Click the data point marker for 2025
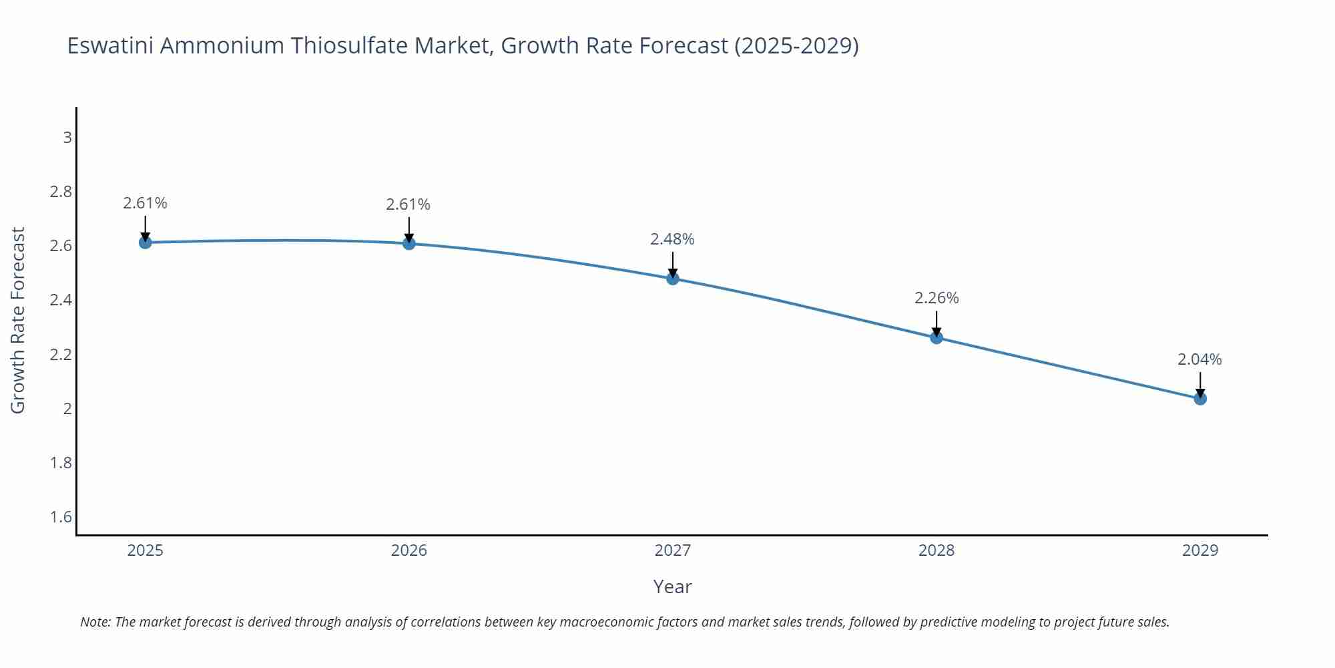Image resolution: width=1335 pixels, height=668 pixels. click(x=145, y=242)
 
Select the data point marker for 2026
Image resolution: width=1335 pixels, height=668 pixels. click(x=409, y=243)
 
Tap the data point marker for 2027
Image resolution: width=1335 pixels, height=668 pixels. click(x=672, y=279)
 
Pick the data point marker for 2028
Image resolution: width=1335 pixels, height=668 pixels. click(x=936, y=337)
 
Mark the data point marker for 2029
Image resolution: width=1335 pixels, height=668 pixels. click(x=1199, y=399)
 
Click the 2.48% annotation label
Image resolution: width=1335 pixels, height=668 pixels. click(x=672, y=239)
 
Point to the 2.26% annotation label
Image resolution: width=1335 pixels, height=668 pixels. click(x=936, y=298)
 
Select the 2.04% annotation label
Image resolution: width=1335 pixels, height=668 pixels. click(x=1199, y=359)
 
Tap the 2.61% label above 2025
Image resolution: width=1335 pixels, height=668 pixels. click(x=145, y=203)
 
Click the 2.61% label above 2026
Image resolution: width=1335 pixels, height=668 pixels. click(x=409, y=204)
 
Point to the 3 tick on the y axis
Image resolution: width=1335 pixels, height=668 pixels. click(x=67, y=138)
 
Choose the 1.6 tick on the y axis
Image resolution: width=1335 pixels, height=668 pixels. click(x=61, y=517)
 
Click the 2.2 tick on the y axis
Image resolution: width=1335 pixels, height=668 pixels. click(x=61, y=355)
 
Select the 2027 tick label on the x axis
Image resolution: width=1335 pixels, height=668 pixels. click(x=672, y=550)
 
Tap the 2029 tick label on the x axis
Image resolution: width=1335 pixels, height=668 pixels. click(x=1199, y=550)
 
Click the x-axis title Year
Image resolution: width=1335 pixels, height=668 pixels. click(x=672, y=587)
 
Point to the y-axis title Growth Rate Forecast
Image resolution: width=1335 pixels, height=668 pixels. click(x=18, y=321)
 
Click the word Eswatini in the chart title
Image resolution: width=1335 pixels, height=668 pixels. click(x=110, y=45)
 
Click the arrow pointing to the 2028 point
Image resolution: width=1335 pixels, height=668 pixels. click(x=936, y=323)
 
